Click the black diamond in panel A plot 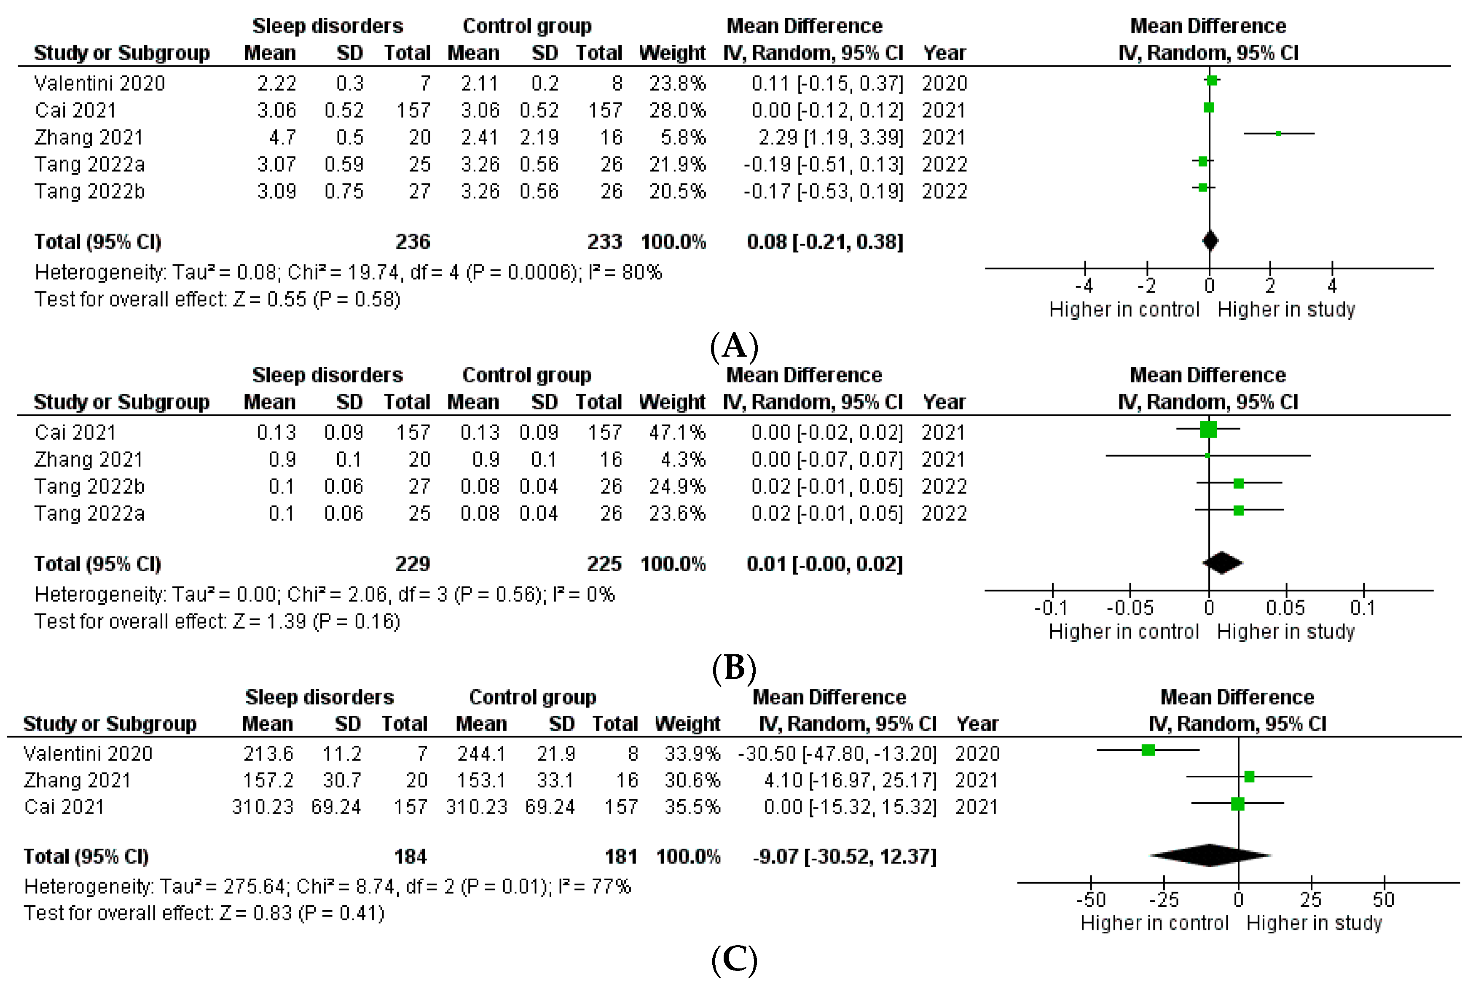1209,241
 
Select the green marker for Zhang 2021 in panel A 1278,134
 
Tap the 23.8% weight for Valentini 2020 677,83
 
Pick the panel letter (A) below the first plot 734,346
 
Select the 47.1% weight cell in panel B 677,433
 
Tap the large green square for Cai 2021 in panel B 1208,430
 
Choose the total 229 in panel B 412,564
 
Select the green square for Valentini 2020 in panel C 1148,750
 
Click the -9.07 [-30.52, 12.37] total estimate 844,857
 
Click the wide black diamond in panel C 1209,855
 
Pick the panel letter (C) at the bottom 734,960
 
